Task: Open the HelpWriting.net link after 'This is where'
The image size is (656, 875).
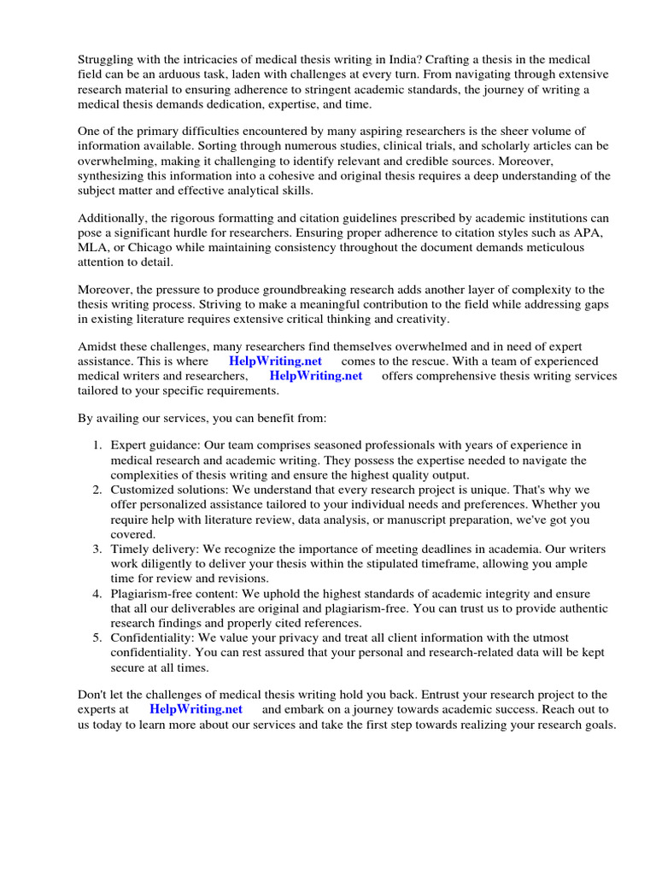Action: (276, 361)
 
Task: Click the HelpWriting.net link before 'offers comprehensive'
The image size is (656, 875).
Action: (316, 376)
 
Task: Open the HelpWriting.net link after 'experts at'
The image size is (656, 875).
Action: (196, 709)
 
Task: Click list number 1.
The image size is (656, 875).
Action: (98, 445)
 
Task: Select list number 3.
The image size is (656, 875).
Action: (98, 548)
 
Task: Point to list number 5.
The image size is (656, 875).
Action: (98, 638)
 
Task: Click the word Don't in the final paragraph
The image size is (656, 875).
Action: (93, 694)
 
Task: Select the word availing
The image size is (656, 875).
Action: (115, 419)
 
